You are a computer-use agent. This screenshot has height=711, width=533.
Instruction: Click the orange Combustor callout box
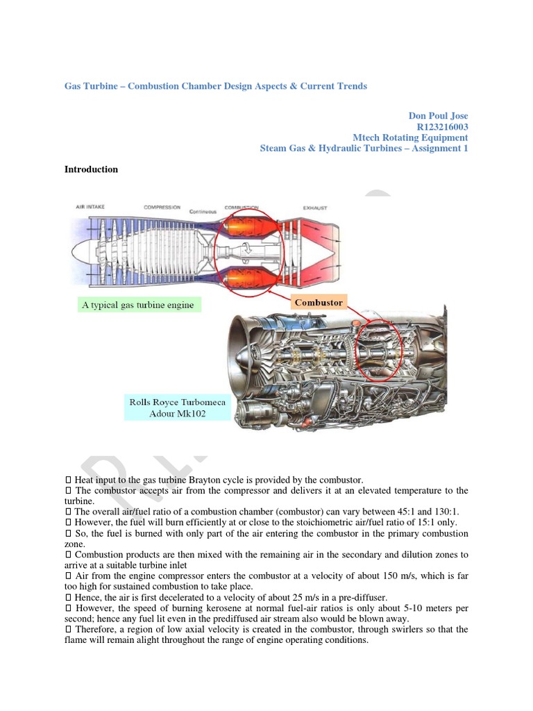319,303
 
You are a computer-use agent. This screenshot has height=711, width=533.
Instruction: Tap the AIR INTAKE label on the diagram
91,208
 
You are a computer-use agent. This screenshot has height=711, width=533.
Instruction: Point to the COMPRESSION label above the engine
162,208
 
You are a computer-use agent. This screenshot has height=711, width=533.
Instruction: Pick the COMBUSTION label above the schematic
242,208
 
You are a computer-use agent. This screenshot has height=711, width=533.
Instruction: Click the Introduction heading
91,169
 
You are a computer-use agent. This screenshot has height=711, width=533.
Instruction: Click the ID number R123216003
442,126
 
